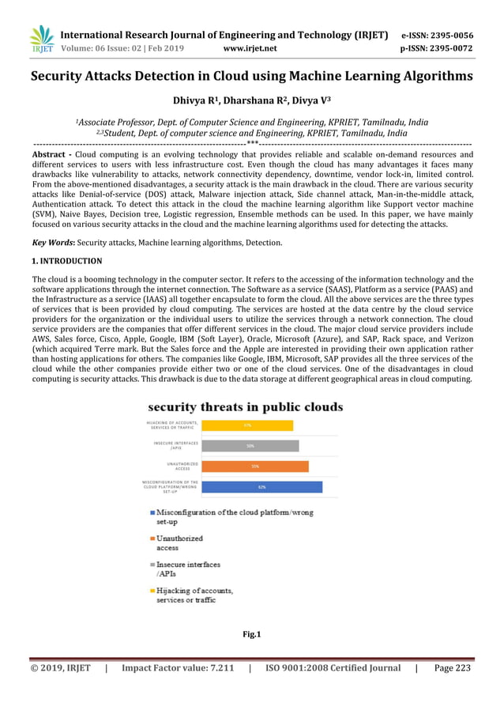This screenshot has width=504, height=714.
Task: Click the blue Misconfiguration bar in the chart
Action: tap(261, 487)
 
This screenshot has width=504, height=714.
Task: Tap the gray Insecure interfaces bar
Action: tap(250, 446)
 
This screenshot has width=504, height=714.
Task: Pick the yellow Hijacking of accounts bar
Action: tap(246, 425)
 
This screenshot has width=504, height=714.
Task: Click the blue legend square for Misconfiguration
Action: tap(151, 513)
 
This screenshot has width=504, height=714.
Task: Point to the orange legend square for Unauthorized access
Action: tap(151, 539)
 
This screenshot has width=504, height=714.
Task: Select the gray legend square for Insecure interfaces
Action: tap(151, 565)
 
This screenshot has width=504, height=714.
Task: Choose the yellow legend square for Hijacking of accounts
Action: tap(151, 591)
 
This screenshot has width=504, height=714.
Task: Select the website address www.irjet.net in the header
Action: tap(250, 48)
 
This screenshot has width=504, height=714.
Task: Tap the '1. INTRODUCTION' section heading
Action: tap(66, 261)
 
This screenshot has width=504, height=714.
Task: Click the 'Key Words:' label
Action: tap(49, 241)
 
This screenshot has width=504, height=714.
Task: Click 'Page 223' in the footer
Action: tap(453, 668)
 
